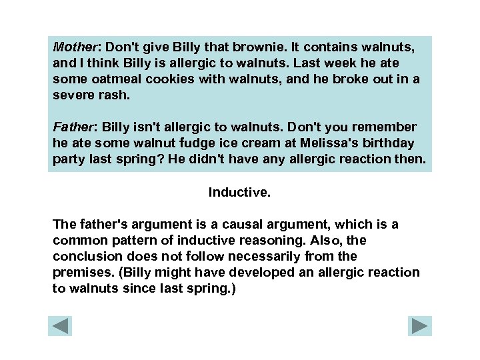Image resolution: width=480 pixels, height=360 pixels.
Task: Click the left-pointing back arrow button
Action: click(60, 326)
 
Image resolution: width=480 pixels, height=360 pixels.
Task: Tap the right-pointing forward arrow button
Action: click(420, 326)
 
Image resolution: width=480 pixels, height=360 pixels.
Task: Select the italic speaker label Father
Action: click(72, 127)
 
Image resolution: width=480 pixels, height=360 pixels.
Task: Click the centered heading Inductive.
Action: click(239, 193)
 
